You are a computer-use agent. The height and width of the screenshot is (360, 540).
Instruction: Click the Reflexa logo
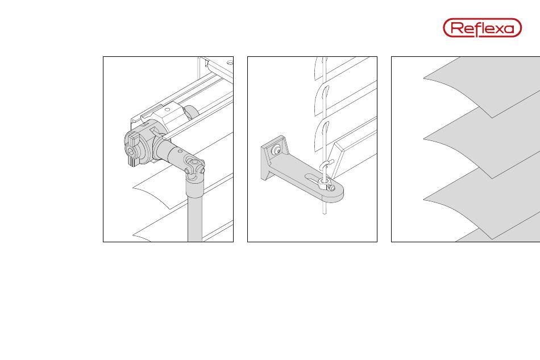click(482, 27)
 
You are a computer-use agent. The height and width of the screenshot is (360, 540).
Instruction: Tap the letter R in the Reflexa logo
click(456, 27)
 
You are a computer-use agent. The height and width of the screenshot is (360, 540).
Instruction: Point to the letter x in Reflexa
click(497, 28)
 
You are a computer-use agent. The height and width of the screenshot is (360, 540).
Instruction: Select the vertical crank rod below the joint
click(195, 217)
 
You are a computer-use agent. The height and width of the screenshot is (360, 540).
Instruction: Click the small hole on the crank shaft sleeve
click(180, 151)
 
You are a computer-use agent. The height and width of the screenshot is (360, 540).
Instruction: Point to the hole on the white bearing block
click(167, 110)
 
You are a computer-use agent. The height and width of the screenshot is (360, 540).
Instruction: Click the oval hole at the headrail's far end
click(230, 63)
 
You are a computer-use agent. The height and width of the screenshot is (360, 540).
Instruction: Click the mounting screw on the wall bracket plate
click(276, 150)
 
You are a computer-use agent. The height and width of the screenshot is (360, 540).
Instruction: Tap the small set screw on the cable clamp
click(331, 188)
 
